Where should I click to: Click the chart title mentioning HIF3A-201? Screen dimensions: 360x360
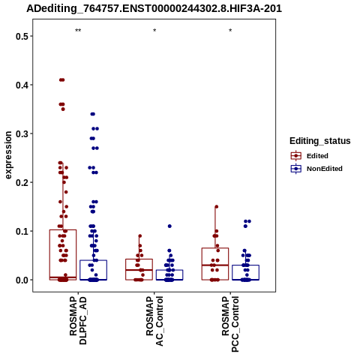(x=154, y=8)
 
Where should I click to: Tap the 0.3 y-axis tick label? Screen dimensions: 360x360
(x=21, y=133)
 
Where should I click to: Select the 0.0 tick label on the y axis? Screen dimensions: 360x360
(x=21, y=280)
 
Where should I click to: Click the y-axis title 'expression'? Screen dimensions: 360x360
(x=8, y=155)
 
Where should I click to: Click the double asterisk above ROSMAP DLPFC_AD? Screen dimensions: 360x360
(x=78, y=31)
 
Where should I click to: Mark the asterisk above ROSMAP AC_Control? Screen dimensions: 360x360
(x=154, y=31)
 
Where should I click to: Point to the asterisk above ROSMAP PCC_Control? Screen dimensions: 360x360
(x=230, y=31)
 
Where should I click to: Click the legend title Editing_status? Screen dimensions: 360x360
(x=320, y=141)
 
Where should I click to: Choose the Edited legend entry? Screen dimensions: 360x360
(x=310, y=156)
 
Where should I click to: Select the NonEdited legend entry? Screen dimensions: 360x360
(x=316, y=169)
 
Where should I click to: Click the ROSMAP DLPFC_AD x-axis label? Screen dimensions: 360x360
(x=78, y=320)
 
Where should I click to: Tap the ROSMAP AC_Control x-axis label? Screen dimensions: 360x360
(x=154, y=321)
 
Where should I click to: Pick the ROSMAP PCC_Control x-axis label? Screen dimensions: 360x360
(x=230, y=324)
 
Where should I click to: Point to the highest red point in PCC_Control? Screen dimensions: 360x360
(x=217, y=207)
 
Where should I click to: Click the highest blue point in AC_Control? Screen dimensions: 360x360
(x=169, y=226)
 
